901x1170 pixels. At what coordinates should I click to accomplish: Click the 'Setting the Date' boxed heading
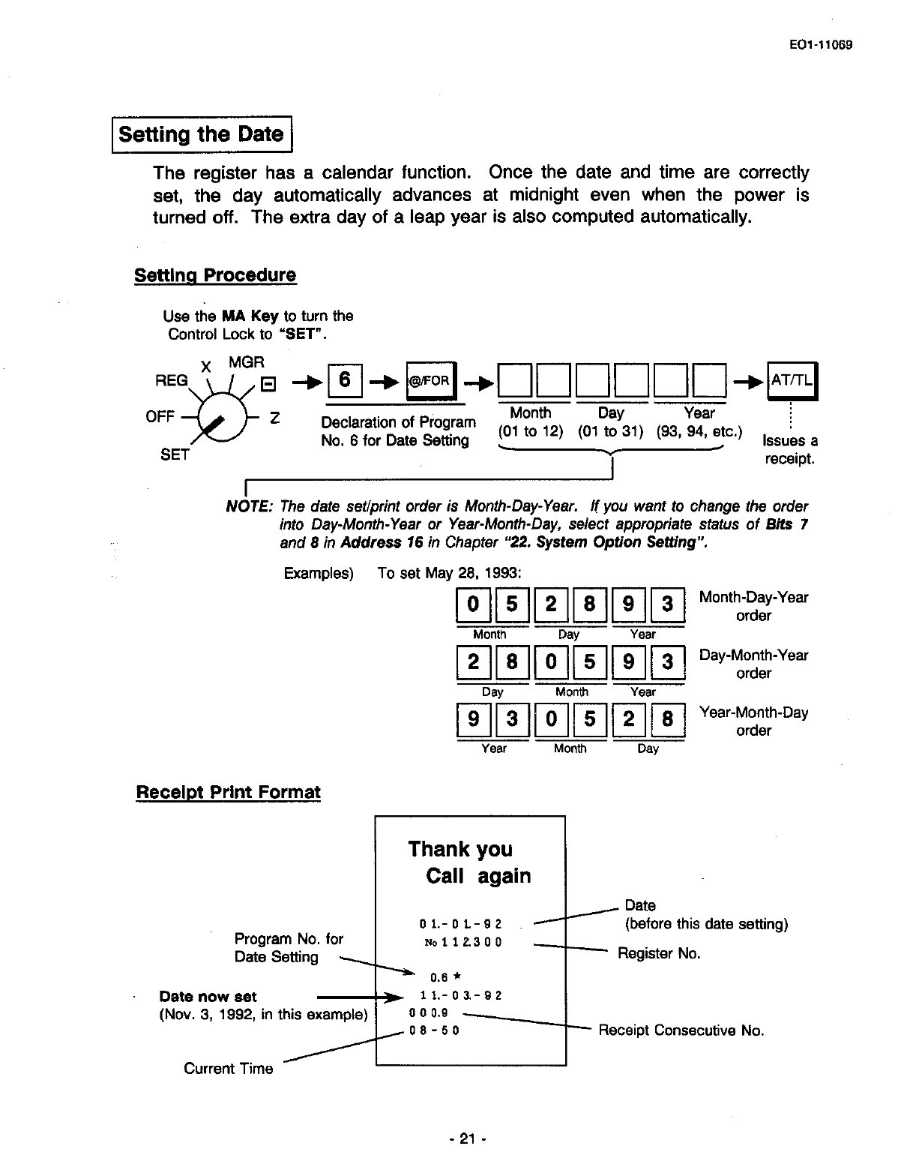pos(202,135)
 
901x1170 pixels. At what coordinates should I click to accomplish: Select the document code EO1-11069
pos(822,44)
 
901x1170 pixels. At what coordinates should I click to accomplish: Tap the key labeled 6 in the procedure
pos(345,379)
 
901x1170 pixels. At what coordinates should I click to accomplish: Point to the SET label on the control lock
pos(174,454)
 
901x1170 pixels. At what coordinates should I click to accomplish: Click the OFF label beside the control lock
pos(160,416)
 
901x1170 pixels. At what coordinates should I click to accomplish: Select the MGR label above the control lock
pos(247,362)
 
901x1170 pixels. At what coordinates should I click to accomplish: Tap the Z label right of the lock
pos(275,418)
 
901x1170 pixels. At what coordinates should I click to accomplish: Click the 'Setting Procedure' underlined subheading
pos(215,275)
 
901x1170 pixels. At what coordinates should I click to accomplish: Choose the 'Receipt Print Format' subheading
pos(228,792)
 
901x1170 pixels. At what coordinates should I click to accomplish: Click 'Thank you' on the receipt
pos(460,849)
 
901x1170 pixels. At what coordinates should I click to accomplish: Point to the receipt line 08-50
pos(434,1030)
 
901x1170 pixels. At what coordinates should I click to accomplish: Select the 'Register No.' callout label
pos(659,953)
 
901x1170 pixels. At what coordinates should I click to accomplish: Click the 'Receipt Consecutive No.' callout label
pos(681,1030)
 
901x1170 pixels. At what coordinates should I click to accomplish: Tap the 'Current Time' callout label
pos(229,1069)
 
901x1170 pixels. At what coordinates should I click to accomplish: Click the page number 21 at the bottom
pos(468,1139)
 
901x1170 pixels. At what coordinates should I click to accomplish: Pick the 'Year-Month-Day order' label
pos(753,721)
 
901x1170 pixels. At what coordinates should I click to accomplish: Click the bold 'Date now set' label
pos(208,997)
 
